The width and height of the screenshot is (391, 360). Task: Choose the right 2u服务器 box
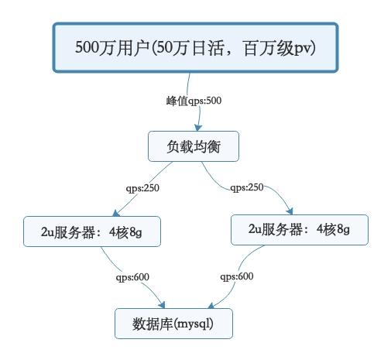click(298, 230)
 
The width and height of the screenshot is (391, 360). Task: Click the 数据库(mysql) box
click(173, 323)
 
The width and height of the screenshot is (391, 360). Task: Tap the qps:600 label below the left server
click(133, 276)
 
